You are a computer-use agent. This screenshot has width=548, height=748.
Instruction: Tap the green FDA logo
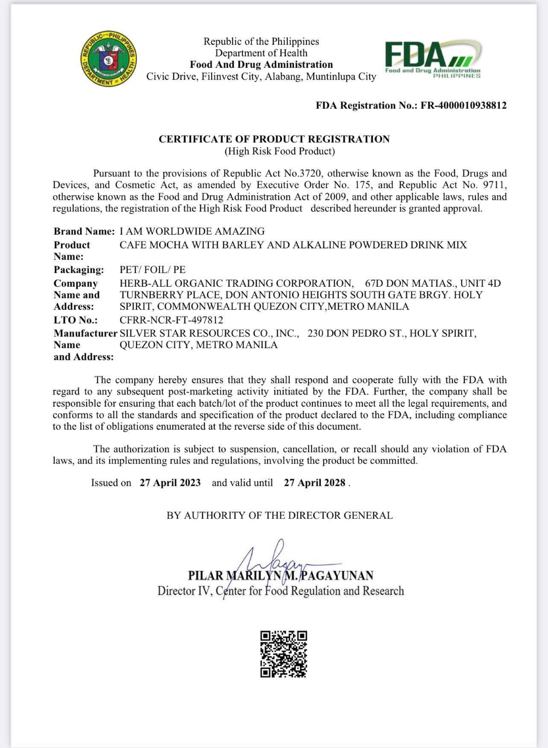point(433,59)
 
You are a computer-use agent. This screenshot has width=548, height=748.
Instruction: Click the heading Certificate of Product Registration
point(274,139)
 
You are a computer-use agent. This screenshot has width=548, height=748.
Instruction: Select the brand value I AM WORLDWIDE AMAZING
point(192,231)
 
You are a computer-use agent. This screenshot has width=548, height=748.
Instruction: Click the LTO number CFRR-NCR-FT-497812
point(171,320)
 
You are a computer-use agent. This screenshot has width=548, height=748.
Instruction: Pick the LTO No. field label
point(76,320)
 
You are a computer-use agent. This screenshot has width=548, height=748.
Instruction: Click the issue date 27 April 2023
point(170,483)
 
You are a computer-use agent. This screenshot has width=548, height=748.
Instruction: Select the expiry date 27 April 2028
point(314,483)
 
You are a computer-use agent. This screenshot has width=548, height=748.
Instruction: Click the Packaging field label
point(79,270)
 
